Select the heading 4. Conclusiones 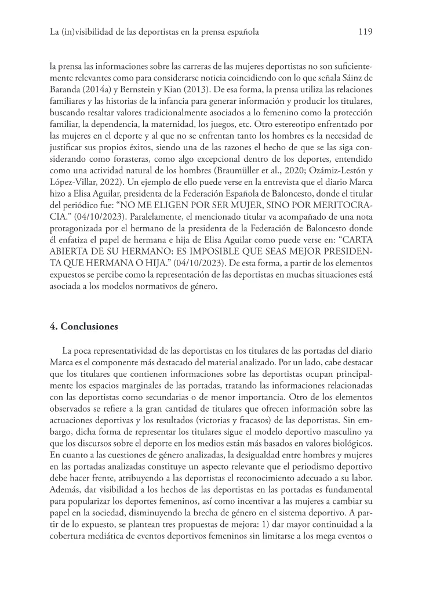pos(84,326)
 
